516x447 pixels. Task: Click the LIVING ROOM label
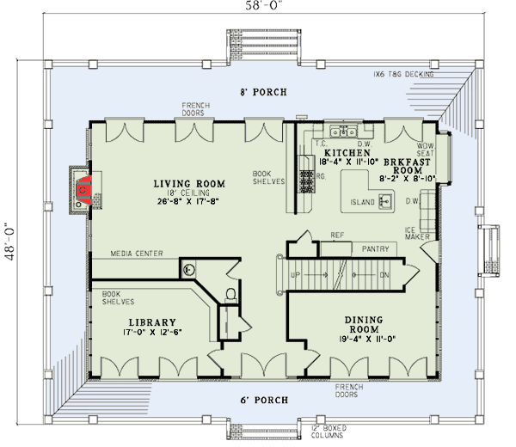click(189, 184)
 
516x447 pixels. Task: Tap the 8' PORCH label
click(263, 92)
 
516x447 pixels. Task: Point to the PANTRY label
click(375, 249)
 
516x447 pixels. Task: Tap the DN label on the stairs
click(384, 275)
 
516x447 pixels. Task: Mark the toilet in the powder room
click(230, 295)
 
